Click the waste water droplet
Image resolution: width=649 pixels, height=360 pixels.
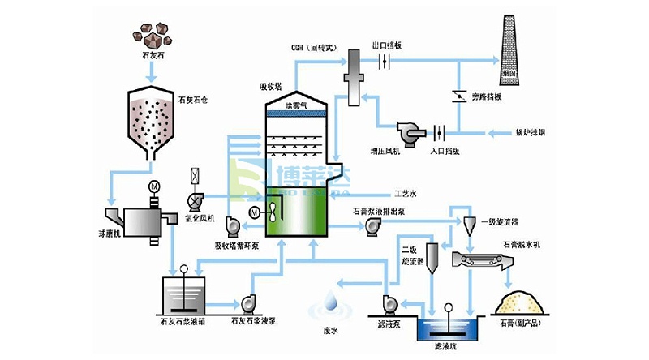330,302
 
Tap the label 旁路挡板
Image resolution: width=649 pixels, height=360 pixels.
487,96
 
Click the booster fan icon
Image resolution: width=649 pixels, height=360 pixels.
407,131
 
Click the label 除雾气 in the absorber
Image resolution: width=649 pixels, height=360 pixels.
296,106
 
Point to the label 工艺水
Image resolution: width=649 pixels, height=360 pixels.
405,195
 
